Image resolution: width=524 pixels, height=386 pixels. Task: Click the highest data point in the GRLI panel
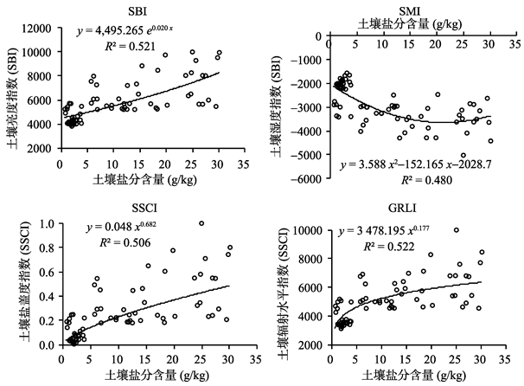[x=456, y=230]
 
